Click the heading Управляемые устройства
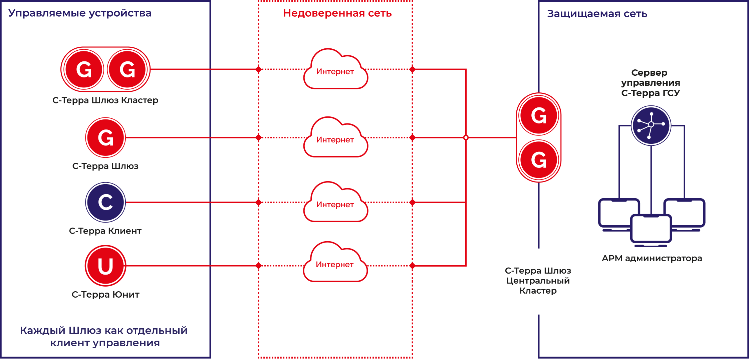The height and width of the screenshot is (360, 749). [80, 13]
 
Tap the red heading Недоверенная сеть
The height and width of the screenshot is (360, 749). [337, 13]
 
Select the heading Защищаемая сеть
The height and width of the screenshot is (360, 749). [597, 14]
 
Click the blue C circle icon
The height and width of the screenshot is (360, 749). [105, 202]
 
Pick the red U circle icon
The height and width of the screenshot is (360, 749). [105, 266]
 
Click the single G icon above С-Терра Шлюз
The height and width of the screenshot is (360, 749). [105, 137]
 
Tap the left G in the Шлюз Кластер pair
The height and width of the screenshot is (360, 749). [84, 69]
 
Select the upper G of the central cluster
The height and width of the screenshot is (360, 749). [539, 115]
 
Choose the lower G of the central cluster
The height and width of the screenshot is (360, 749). [539, 159]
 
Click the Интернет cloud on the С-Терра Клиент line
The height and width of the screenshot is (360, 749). [335, 203]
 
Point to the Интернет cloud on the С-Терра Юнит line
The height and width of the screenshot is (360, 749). [335, 263]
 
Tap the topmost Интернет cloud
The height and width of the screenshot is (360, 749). [335, 70]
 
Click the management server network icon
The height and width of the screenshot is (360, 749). [651, 125]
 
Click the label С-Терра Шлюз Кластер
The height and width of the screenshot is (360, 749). [105, 100]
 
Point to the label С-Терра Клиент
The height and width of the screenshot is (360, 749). [105, 231]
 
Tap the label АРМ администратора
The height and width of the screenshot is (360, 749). [652, 258]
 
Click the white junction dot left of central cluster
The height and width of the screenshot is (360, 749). [466, 137]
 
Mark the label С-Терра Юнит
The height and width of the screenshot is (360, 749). [105, 295]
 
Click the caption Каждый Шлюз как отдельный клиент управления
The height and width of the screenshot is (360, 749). [104, 336]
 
